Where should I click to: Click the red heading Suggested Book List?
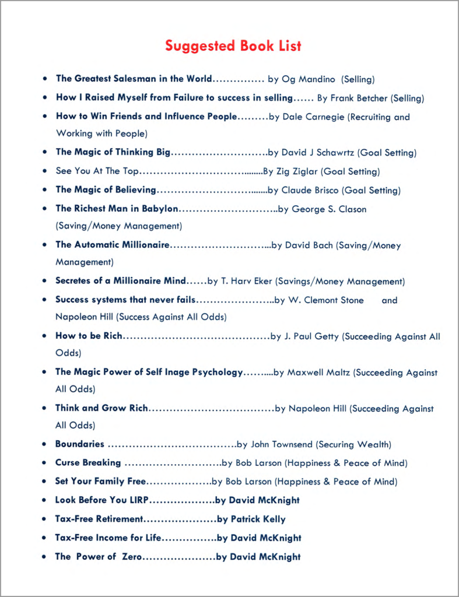coord(233,46)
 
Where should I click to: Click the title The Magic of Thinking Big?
coord(113,153)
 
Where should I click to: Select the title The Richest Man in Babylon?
coord(117,209)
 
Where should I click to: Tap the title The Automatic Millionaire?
coord(113,245)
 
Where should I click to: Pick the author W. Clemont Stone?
coord(326,300)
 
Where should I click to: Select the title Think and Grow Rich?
coord(101,409)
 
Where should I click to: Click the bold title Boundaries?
coord(80,444)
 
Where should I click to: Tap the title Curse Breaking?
coord(88,463)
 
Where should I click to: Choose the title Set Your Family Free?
coord(100,482)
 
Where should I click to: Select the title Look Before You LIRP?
coord(101,500)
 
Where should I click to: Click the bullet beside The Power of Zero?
coord(44,557)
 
